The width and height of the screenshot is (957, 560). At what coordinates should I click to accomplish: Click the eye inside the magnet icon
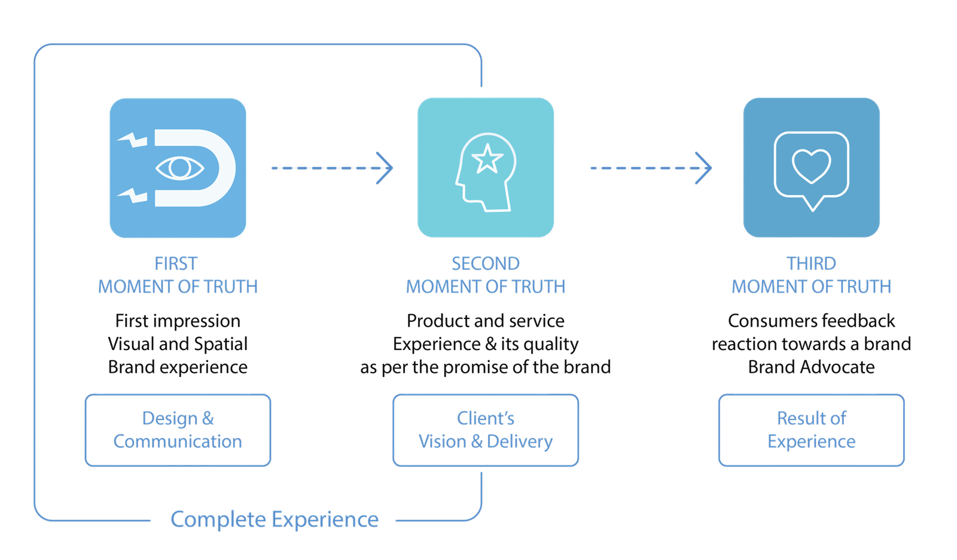(x=179, y=168)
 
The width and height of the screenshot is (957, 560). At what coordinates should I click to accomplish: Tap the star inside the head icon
(x=487, y=159)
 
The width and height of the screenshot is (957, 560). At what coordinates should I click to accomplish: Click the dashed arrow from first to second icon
(x=332, y=168)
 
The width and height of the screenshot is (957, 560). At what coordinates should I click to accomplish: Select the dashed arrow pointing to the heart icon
(x=652, y=168)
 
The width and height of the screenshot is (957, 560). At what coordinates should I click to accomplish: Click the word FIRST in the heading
(x=175, y=263)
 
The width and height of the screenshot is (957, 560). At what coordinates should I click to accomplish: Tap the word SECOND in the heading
(x=486, y=263)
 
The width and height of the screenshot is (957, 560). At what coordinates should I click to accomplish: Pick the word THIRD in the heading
(x=811, y=263)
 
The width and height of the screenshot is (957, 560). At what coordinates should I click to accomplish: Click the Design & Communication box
(x=178, y=430)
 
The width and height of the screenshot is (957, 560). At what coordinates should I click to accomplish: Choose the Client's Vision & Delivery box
(x=486, y=430)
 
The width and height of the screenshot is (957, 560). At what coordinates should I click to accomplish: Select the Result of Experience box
(x=811, y=430)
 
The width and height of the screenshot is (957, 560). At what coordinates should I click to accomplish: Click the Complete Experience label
(x=275, y=519)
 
